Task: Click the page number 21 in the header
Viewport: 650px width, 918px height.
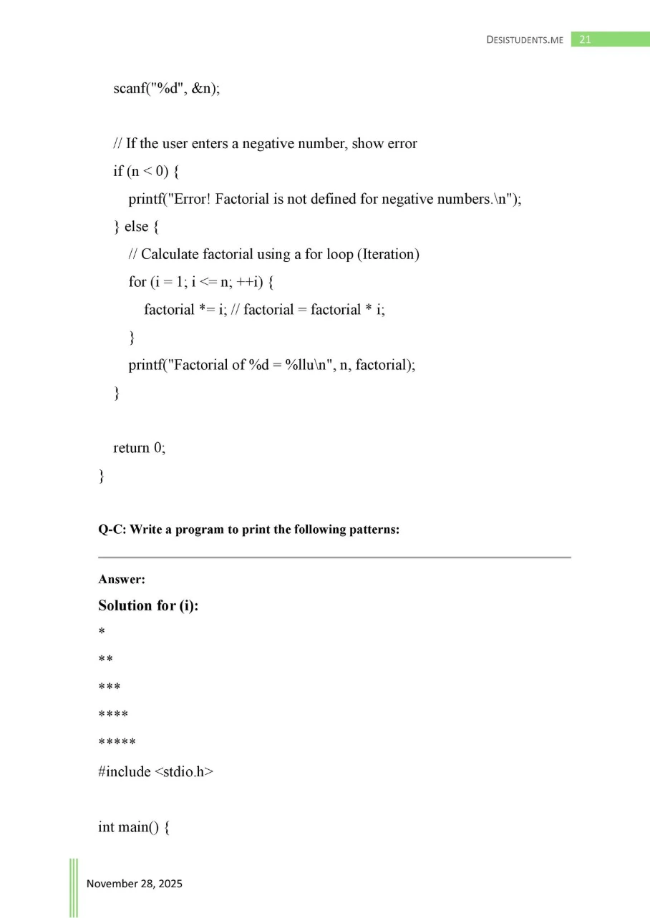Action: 585,39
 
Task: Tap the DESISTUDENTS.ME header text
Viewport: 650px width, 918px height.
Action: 525,40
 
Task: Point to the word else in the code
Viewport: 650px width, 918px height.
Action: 136,227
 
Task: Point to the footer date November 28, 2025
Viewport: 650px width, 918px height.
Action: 134,884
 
